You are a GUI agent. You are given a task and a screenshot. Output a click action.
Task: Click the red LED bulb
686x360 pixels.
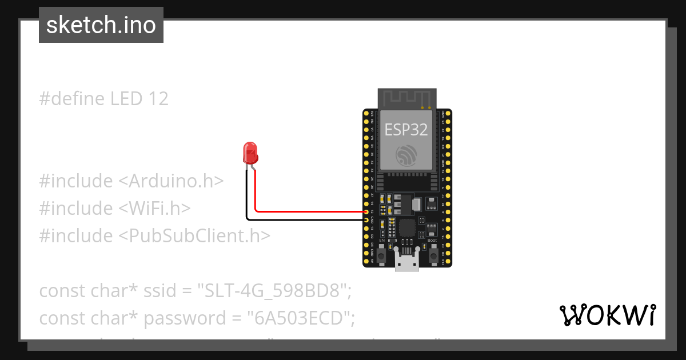(251, 153)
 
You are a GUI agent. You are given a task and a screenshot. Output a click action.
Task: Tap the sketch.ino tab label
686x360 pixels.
(101, 25)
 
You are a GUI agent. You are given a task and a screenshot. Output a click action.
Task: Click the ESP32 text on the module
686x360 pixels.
(406, 130)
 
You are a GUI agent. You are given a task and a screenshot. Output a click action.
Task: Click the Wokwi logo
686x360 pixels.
(607, 315)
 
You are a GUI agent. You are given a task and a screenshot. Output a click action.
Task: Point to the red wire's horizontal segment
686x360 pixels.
(309, 211)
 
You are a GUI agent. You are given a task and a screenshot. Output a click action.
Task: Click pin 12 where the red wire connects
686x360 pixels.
(366, 211)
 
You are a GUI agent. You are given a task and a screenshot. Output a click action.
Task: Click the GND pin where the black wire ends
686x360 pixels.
(366, 219)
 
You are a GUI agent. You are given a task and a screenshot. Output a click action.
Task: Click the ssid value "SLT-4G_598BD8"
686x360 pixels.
(274, 291)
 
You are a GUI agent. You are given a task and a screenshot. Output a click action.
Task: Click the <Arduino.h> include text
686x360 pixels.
(171, 181)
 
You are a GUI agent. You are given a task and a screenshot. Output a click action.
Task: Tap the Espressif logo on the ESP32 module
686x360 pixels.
(406, 156)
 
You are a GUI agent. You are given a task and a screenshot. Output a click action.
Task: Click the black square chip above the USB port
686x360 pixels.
(407, 227)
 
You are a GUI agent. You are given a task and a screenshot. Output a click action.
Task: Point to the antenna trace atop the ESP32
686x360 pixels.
(407, 98)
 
